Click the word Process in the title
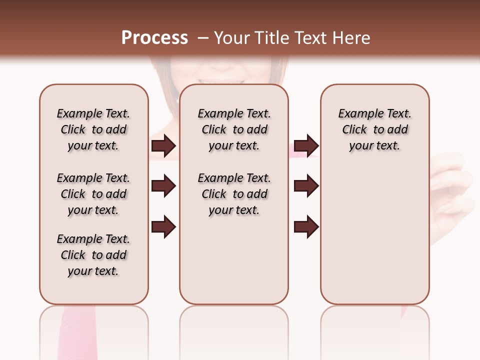pyautogui.click(x=154, y=38)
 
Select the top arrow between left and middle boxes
pyautogui.click(x=163, y=145)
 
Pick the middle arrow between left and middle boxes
pyautogui.click(x=163, y=186)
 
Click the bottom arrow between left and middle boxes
pyautogui.click(x=163, y=226)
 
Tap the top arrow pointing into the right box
pyautogui.click(x=306, y=145)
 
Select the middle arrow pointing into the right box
pyautogui.click(x=306, y=186)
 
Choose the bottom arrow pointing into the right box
pyautogui.click(x=306, y=226)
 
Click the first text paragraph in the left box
pyautogui.click(x=93, y=129)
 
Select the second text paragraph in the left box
pyautogui.click(x=93, y=194)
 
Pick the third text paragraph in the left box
pyautogui.click(x=93, y=255)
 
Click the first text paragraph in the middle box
pyautogui.click(x=234, y=129)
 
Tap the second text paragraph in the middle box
pyautogui.click(x=234, y=194)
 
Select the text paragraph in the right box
pyautogui.click(x=375, y=129)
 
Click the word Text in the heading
pyautogui.click(x=309, y=38)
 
